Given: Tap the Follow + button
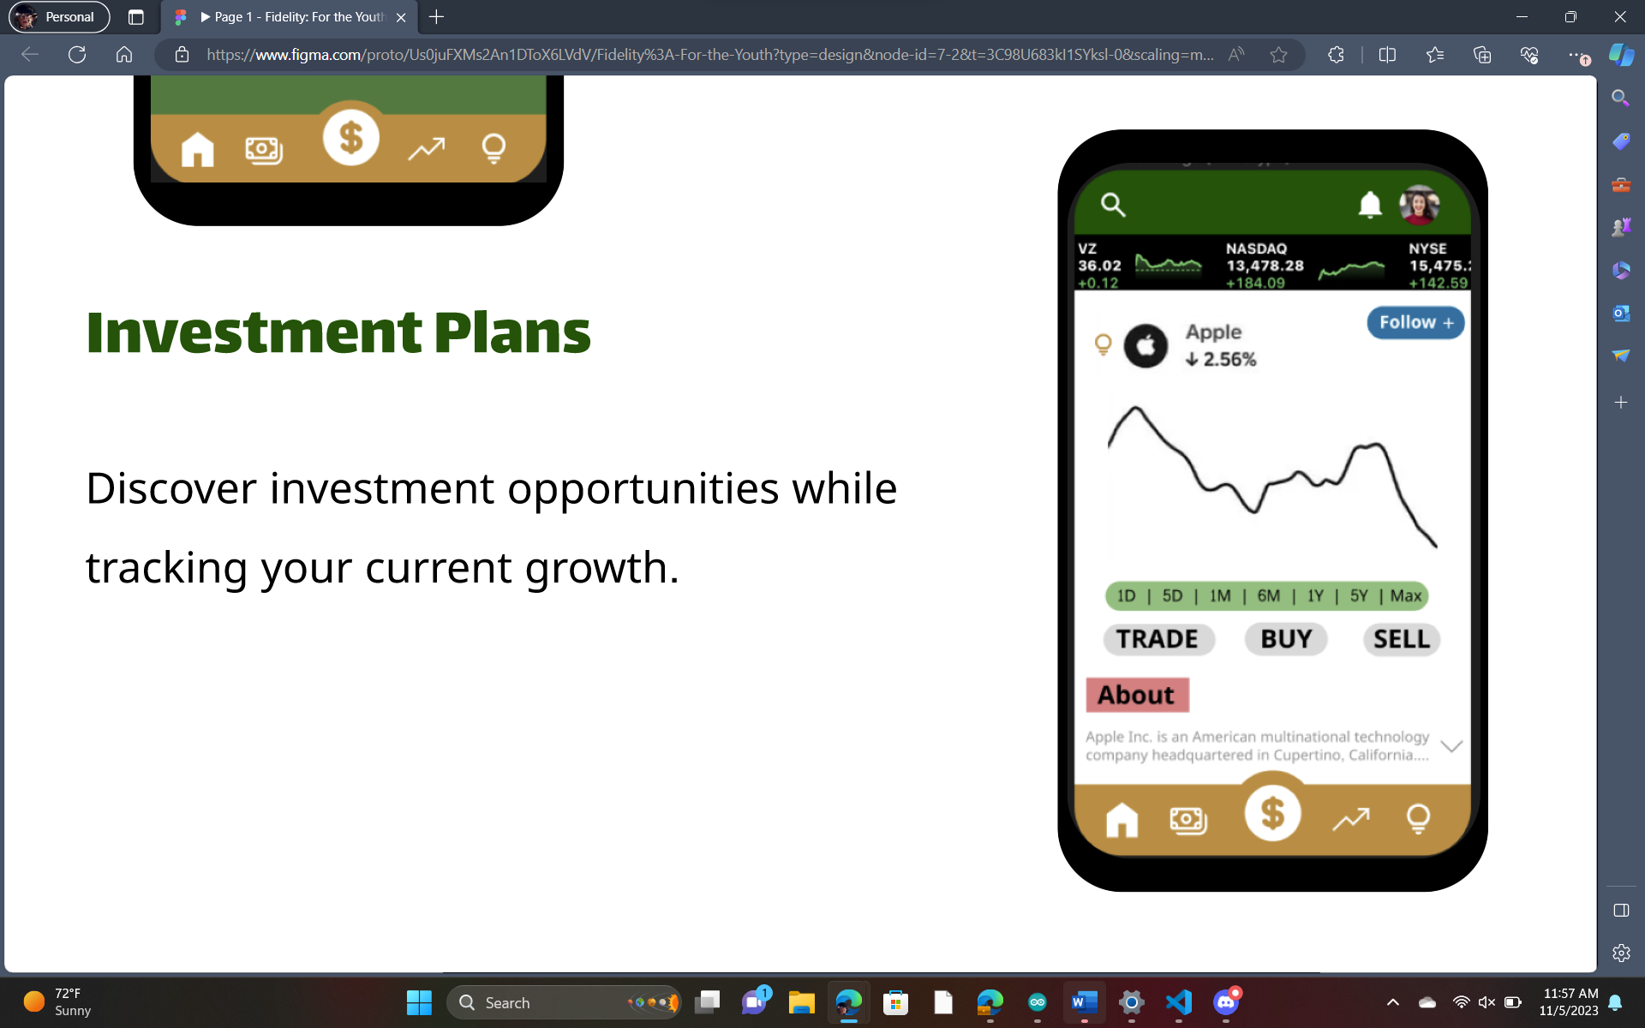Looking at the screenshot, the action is (x=1415, y=323).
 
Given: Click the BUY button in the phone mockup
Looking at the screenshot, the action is (x=1286, y=639).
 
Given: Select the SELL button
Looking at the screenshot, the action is (x=1402, y=639).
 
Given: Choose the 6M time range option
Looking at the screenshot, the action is (x=1268, y=596).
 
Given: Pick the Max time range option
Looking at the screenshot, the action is (x=1406, y=596).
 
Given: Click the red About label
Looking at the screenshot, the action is (x=1137, y=695).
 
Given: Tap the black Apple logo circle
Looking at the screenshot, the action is (x=1146, y=346).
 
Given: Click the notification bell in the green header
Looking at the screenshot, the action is (x=1370, y=205).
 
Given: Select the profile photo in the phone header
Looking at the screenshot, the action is (x=1420, y=205).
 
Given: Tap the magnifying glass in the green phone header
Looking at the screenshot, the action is (x=1113, y=205).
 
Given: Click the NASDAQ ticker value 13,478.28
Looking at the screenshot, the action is (x=1265, y=266).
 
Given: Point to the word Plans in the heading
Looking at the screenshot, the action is (x=512, y=332).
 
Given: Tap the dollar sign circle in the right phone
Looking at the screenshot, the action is (x=1272, y=813).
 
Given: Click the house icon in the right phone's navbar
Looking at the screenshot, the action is (x=1122, y=819).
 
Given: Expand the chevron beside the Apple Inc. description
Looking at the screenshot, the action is (x=1451, y=746).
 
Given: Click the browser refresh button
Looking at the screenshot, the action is (x=77, y=55).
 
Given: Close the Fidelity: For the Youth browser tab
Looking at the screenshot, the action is (x=401, y=17).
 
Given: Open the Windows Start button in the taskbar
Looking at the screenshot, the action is (x=419, y=1002).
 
